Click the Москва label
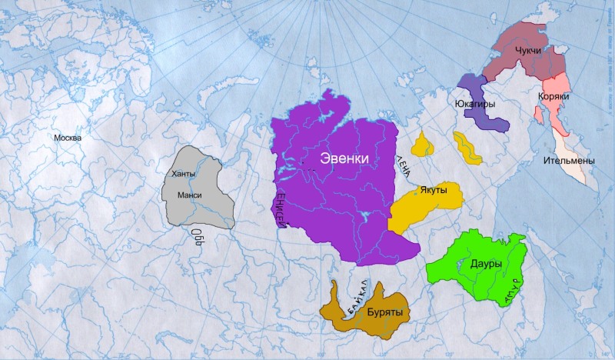pyautogui.click(x=67, y=138)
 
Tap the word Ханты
pyautogui.click(x=184, y=175)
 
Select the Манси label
pyautogui.click(x=189, y=195)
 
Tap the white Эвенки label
pyautogui.click(x=345, y=158)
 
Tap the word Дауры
pyautogui.click(x=484, y=264)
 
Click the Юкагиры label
pyautogui.click(x=479, y=102)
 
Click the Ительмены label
pyautogui.click(x=569, y=161)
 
